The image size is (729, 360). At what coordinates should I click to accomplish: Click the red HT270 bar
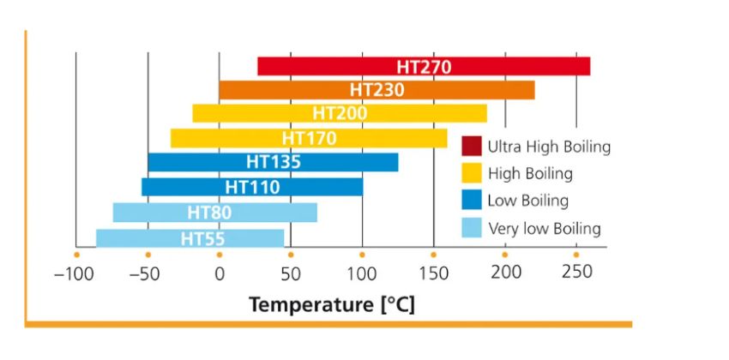coord(424,66)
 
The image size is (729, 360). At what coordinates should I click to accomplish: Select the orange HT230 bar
coord(377,90)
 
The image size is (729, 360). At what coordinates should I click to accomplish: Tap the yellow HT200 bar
coord(340,114)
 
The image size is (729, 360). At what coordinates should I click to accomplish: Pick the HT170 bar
coord(309,138)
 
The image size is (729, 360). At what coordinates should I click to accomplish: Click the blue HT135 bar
coord(273,162)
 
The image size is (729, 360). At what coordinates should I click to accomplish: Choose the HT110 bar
coord(252,186)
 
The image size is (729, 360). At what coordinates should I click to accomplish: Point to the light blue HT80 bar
coord(215,212)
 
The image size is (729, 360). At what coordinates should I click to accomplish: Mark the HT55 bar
coord(190,237)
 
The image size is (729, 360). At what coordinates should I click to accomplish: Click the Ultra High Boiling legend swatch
coord(471,147)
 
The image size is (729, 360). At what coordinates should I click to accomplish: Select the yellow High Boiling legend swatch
coord(471,174)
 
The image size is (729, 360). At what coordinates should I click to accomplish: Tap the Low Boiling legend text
coord(528,201)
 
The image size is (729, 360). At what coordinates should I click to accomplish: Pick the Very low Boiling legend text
coord(544,229)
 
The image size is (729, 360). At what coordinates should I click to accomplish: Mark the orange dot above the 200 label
coord(504,255)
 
